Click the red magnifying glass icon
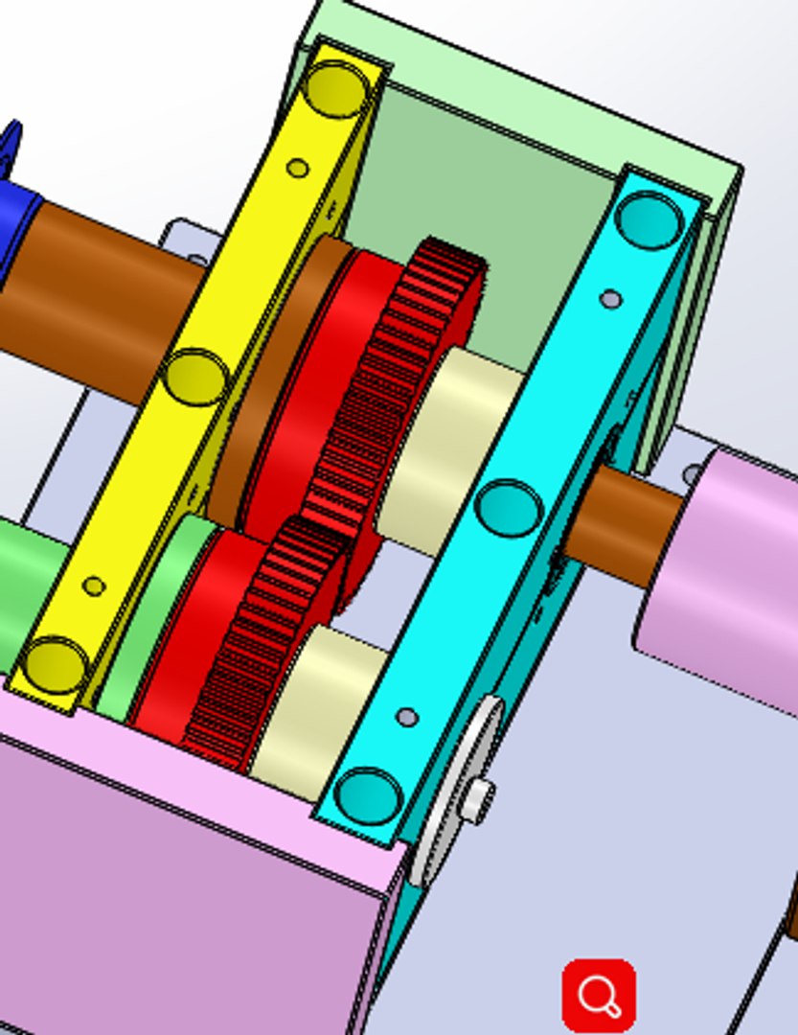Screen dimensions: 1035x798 click(x=599, y=995)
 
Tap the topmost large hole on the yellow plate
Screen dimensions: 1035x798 click(x=334, y=88)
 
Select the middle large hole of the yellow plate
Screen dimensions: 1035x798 click(x=195, y=377)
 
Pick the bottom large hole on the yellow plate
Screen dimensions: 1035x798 click(x=55, y=665)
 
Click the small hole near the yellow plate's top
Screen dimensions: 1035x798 click(x=298, y=169)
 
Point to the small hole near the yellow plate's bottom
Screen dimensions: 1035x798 click(x=94, y=586)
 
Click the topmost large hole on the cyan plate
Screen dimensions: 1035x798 click(x=650, y=219)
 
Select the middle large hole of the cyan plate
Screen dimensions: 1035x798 click(x=509, y=508)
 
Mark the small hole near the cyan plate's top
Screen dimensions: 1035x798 click(x=610, y=300)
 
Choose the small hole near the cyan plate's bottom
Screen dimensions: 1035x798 click(x=406, y=717)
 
